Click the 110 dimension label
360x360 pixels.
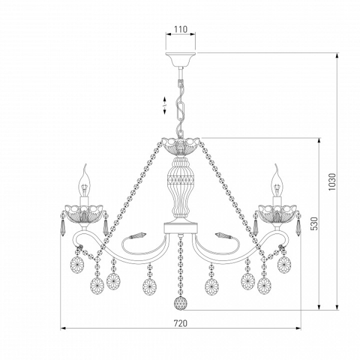coord(181,29)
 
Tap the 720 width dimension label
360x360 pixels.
coord(181,323)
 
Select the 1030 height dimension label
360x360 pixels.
coord(332,182)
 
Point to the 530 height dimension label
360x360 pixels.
coord(314,224)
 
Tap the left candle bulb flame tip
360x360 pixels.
coord(85,164)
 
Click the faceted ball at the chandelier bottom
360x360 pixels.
coord(181,303)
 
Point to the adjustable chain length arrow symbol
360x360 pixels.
coord(164,106)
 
